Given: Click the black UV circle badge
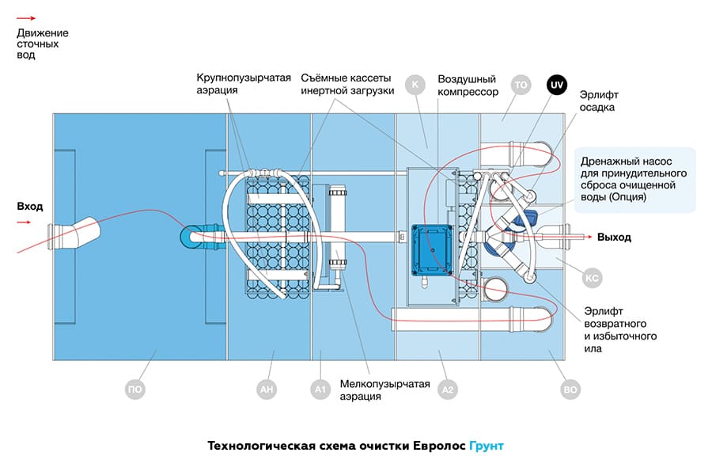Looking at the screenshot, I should tap(556, 84).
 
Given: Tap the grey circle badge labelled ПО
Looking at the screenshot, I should tap(136, 389).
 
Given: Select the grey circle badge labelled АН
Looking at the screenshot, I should tap(267, 389).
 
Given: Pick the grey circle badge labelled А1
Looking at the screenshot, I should tap(320, 389).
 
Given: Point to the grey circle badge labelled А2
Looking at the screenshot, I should tap(448, 389).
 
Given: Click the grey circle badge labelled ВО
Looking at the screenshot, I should tap(569, 389).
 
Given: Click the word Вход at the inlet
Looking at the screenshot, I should tap(30, 207).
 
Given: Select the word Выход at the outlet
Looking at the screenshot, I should tap(614, 237).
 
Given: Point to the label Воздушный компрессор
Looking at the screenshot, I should tap(468, 85).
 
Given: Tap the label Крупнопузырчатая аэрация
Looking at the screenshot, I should tap(244, 84).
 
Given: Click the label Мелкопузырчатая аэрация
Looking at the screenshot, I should tap(384, 390).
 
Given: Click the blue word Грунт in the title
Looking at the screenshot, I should tap(486, 446).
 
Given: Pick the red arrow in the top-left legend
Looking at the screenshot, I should tap(26, 17).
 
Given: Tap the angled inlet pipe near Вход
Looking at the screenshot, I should tap(77, 236).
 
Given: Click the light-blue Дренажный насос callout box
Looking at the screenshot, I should tap(636, 180).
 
